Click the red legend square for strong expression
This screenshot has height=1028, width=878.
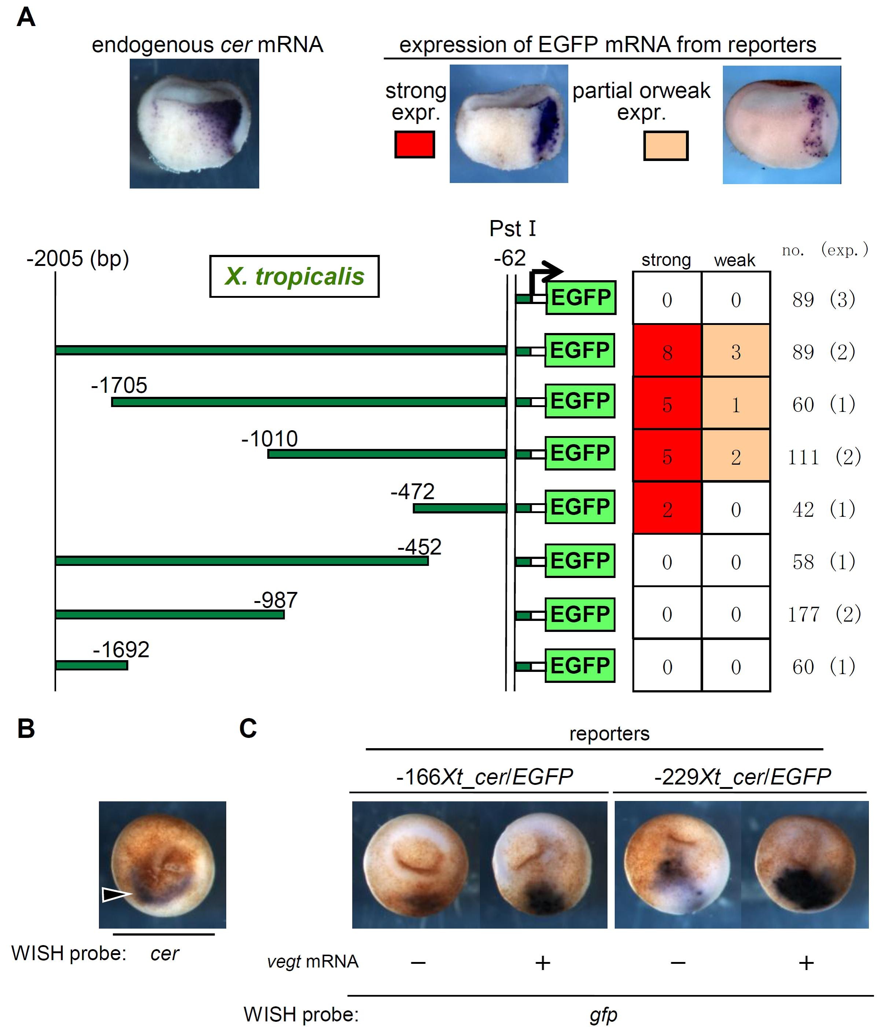(414, 144)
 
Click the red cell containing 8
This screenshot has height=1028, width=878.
(667, 351)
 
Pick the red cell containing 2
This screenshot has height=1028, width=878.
(667, 509)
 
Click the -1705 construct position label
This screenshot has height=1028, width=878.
(119, 385)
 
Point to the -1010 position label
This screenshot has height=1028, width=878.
(269, 439)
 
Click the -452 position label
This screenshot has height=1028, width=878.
(420, 547)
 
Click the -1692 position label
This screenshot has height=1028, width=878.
(121, 650)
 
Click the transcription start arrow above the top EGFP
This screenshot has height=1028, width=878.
(546, 273)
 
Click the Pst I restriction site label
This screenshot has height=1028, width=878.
(512, 229)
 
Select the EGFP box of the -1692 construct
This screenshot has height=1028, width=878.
(580, 665)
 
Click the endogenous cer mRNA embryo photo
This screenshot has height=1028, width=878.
(194, 124)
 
